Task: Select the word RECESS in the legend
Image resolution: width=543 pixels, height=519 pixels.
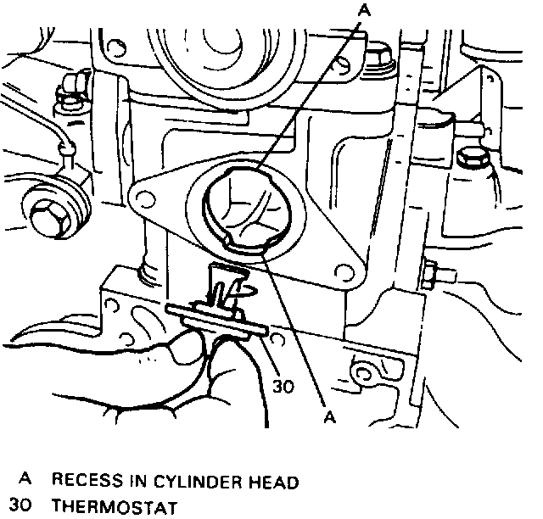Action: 91,482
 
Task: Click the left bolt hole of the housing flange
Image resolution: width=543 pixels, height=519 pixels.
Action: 145,200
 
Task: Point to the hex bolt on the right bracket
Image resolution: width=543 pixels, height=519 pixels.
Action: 469,159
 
